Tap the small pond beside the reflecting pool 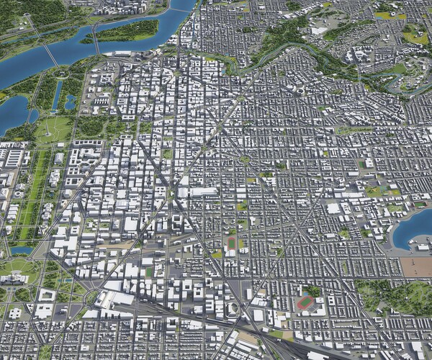click(70, 102)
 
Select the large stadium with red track click(306, 302)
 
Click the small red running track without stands click(231, 243)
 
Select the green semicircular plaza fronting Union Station click(92, 297)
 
